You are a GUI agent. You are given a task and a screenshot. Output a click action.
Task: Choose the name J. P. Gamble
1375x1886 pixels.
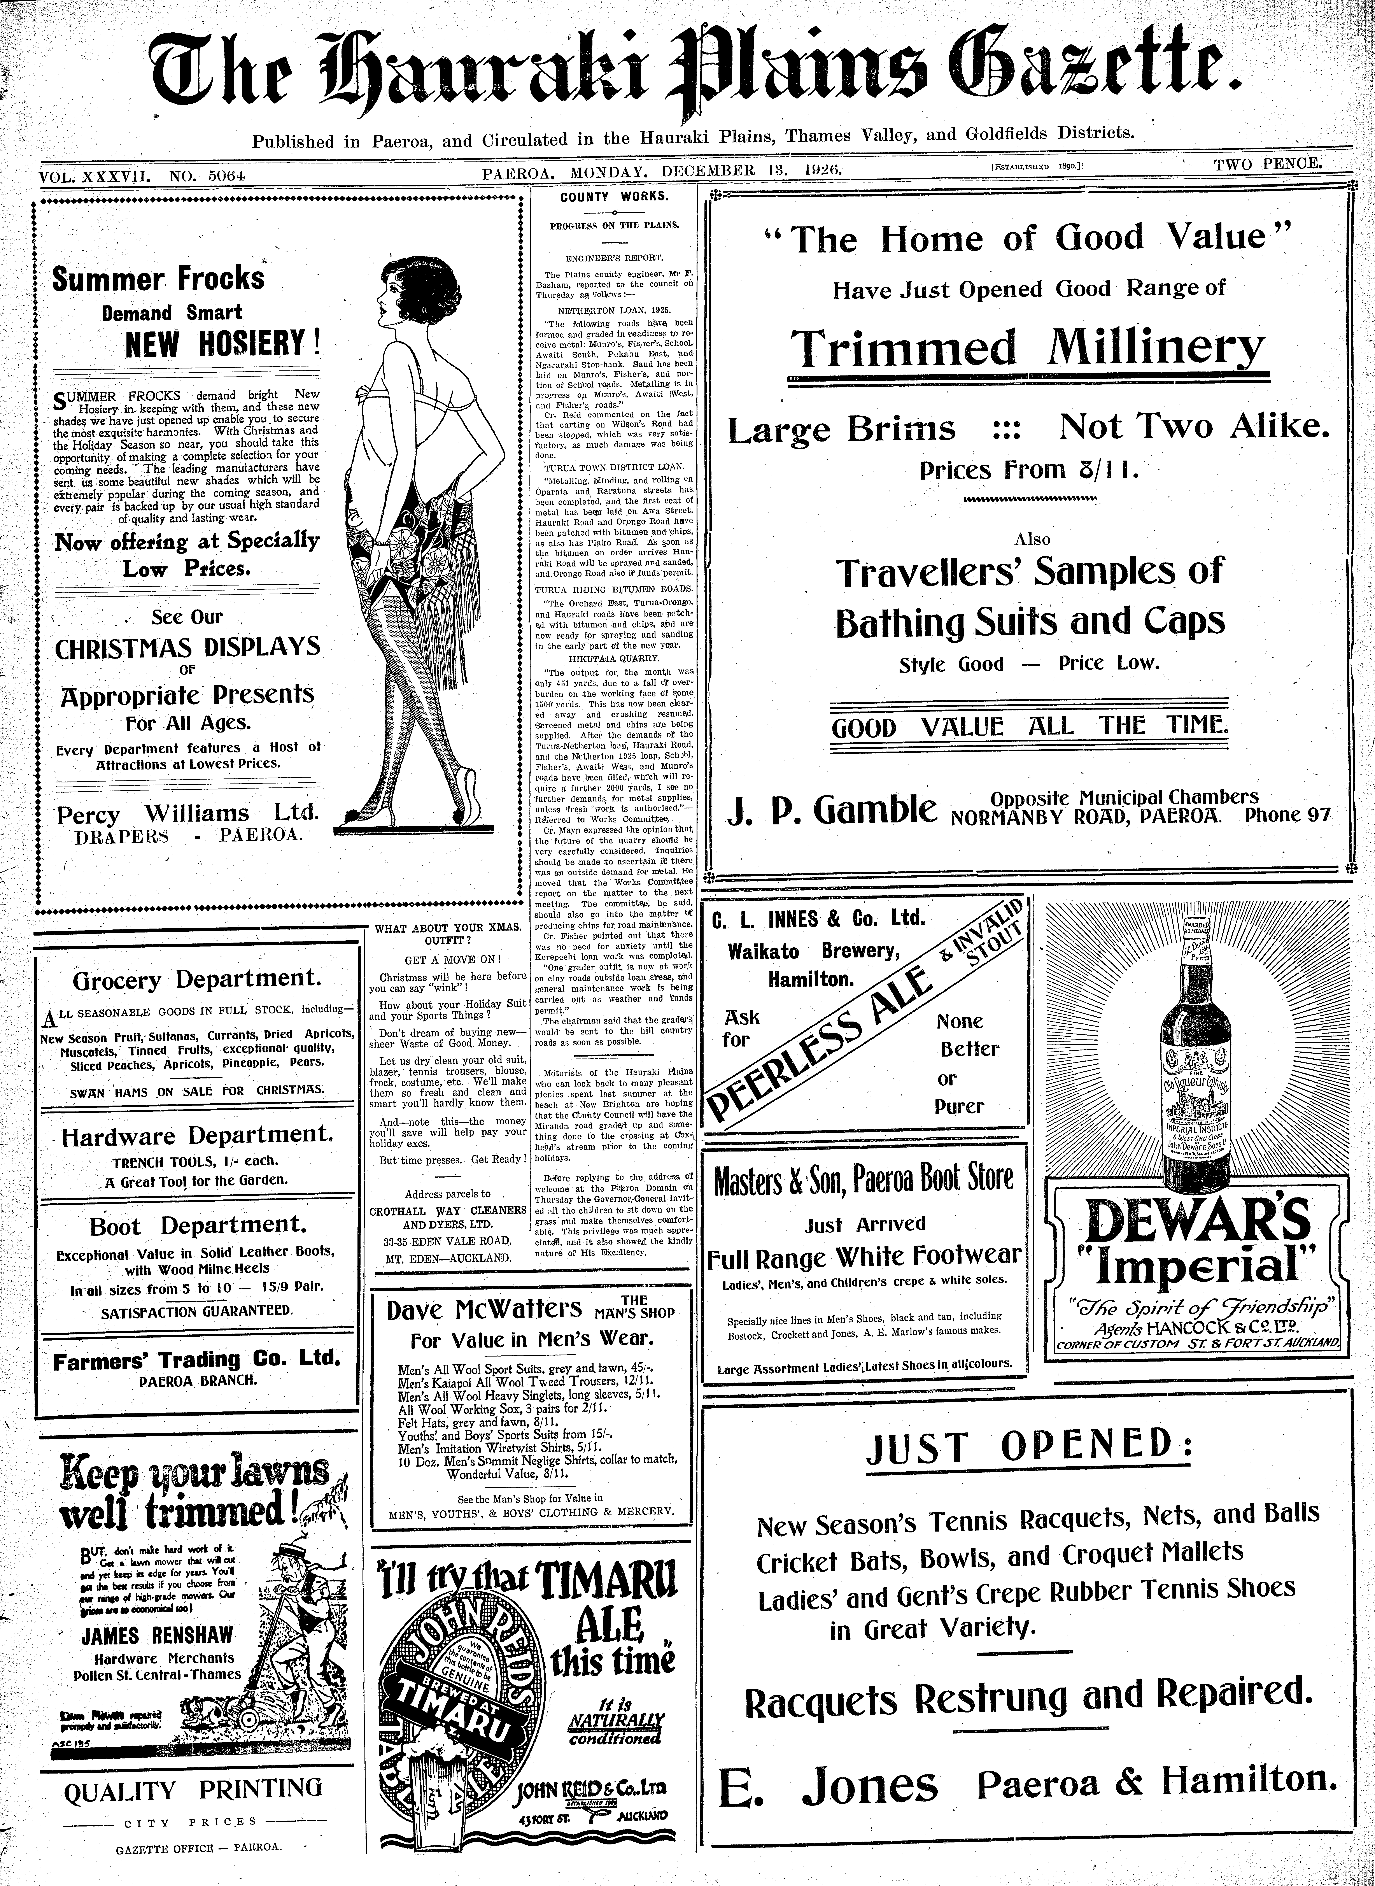832,809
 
